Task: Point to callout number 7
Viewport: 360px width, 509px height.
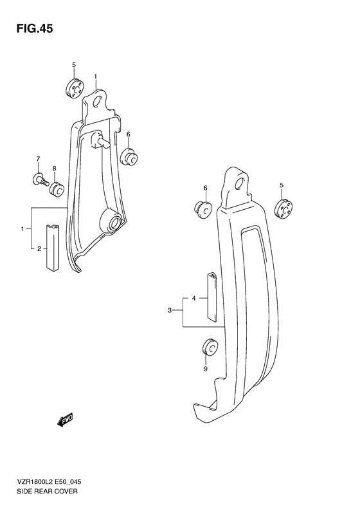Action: tap(38, 160)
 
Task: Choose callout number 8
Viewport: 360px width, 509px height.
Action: tap(55, 168)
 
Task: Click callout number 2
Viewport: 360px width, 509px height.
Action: tap(39, 248)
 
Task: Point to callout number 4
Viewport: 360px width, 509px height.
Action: tap(194, 299)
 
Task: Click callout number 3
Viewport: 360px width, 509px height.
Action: tap(170, 311)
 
